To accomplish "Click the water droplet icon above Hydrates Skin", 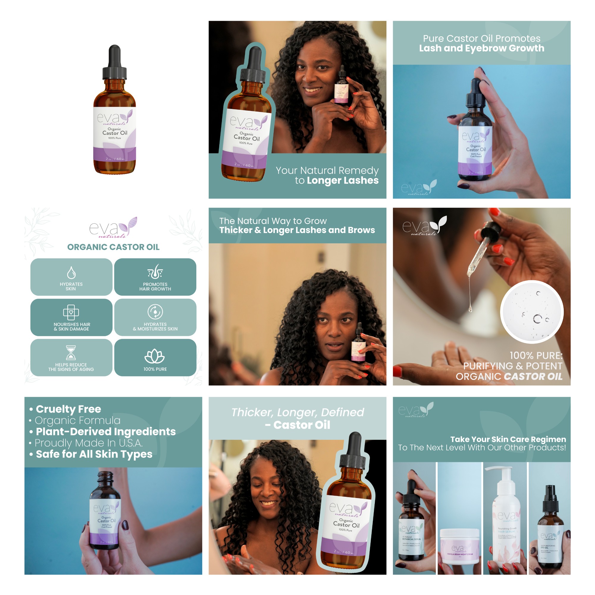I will coord(71,273).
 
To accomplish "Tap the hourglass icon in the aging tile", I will coord(71,352).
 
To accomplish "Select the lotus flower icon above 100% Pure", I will coord(155,356).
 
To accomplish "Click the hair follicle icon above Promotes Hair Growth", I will coord(155,272).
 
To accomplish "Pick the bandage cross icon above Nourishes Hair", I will coord(71,313).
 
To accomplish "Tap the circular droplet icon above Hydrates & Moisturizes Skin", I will coord(155,312).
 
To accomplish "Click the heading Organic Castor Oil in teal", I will coord(113,247).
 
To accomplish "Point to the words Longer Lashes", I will coord(342,181).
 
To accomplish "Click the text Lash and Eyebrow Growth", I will coord(481,48).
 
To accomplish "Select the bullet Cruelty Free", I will coord(68,409).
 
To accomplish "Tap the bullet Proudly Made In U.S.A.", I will coord(88,443).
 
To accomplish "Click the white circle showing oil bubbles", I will coord(532,312).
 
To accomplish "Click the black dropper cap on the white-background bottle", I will coord(115,63).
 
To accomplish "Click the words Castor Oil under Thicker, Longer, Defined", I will coord(301,425).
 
